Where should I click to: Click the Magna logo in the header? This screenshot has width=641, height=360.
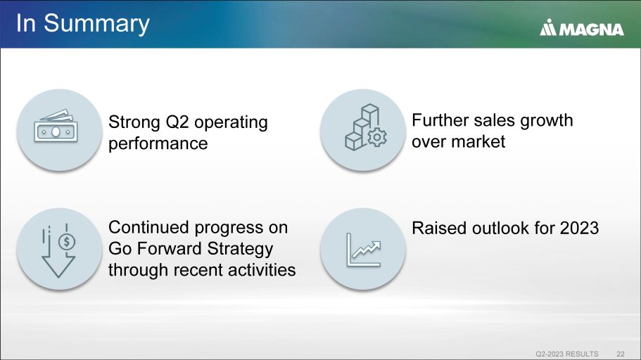[x=581, y=27]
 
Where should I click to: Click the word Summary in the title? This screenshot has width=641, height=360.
[x=97, y=24]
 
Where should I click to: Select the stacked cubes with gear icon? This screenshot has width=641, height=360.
[x=366, y=127]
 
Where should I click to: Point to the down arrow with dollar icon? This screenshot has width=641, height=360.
[x=58, y=250]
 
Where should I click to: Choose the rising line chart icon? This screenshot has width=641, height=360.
[x=364, y=250]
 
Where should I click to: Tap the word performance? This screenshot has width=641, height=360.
[x=158, y=144]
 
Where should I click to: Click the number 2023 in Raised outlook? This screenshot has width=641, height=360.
[x=579, y=228]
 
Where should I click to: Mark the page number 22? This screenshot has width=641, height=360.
[x=621, y=354]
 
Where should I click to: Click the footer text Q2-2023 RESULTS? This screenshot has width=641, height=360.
[x=567, y=354]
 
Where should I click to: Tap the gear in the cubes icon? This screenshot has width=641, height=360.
[x=377, y=137]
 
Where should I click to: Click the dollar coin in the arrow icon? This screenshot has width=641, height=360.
[x=67, y=242]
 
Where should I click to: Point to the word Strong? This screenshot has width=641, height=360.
[x=134, y=122]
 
